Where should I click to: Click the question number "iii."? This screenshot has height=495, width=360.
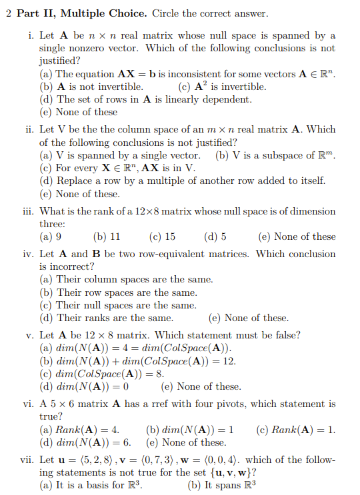(28, 211)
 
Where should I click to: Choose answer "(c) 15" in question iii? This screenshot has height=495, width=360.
(162, 237)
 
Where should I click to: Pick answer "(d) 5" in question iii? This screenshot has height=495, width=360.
(215, 237)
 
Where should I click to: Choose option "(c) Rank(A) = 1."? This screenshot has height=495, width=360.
(296, 430)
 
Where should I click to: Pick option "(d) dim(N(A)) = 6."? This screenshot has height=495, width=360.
(85, 442)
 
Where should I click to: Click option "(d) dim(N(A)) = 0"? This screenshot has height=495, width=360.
(85, 386)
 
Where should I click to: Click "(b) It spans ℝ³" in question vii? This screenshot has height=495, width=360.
(222, 486)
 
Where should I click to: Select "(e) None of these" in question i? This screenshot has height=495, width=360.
(79, 112)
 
